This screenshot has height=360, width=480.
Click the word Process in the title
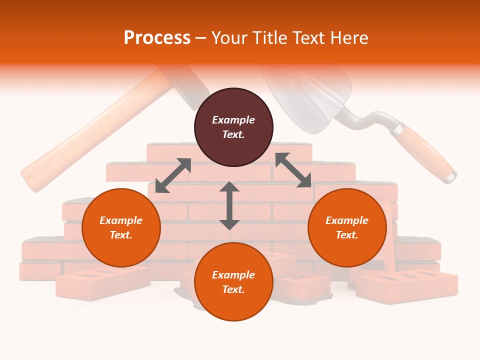point(157,38)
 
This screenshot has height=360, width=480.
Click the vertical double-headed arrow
point(229,205)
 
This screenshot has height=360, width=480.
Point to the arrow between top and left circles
point(173,175)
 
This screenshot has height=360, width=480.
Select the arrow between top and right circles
point(293,170)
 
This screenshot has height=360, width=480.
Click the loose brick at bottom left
point(102,282)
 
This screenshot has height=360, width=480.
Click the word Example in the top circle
point(233,120)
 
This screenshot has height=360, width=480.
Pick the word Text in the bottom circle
point(233,289)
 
